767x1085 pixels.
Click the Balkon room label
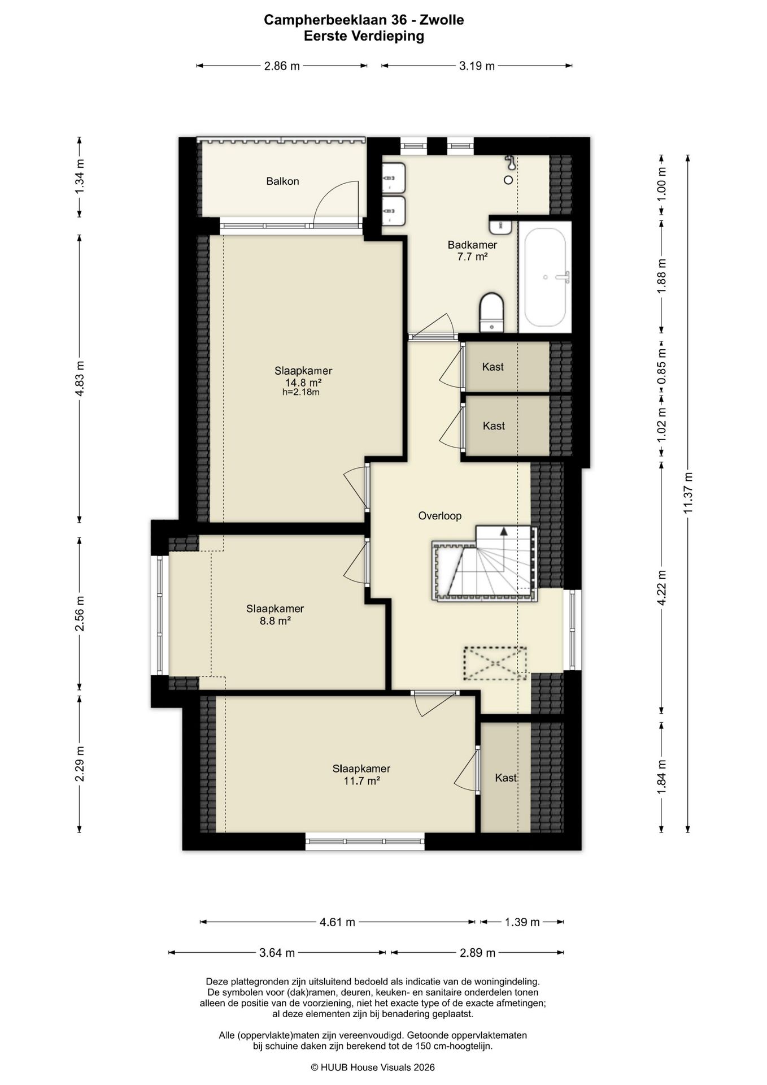282,181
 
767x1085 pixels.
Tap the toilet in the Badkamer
491,312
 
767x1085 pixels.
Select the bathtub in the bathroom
545,277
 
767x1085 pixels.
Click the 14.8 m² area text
303,382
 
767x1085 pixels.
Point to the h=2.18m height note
301,392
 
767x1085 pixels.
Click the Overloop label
440,516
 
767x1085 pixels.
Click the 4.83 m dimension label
80,377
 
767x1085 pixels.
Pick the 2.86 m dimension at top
282,66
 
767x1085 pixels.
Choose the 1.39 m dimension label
522,922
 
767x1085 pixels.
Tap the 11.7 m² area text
361,781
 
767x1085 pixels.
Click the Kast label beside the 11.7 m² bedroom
505,778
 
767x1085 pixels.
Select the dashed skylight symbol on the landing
495,663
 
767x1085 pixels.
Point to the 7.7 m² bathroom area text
472,257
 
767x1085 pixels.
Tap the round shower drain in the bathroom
508,180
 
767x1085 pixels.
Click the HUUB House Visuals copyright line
373,1067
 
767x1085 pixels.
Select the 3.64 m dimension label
277,953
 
